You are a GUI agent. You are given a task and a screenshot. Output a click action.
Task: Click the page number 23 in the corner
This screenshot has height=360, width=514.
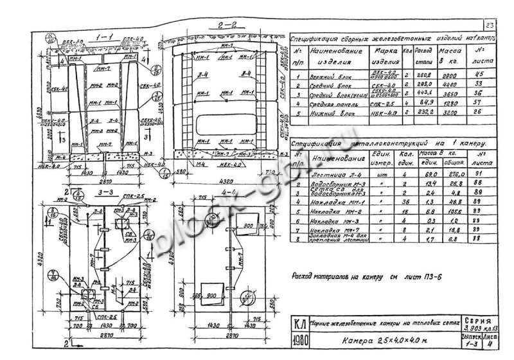(490, 25)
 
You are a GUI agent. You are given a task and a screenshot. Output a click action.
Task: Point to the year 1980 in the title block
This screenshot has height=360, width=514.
(297, 340)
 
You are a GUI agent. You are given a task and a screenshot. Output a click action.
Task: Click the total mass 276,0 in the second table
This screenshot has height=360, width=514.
(447, 174)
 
